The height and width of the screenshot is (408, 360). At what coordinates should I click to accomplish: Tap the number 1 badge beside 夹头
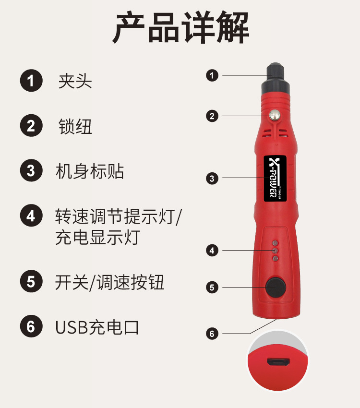31,80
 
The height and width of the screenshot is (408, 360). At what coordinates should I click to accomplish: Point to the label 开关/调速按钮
110,282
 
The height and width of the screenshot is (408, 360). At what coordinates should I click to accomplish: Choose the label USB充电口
97,327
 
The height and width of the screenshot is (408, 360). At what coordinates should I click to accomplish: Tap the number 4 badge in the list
31,216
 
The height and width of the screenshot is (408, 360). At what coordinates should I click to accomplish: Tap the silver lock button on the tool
275,114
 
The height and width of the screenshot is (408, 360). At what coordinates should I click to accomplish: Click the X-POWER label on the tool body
275,178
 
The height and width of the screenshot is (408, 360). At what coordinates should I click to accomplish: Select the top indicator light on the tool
275,243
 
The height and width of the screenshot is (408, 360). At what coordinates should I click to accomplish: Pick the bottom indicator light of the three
275,259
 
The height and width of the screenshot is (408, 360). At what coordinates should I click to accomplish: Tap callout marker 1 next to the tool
212,75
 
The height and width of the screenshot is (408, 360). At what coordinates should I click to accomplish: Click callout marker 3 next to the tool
212,179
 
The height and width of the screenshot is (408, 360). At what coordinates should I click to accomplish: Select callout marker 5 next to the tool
212,288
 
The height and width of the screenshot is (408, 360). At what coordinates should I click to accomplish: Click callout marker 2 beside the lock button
212,116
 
